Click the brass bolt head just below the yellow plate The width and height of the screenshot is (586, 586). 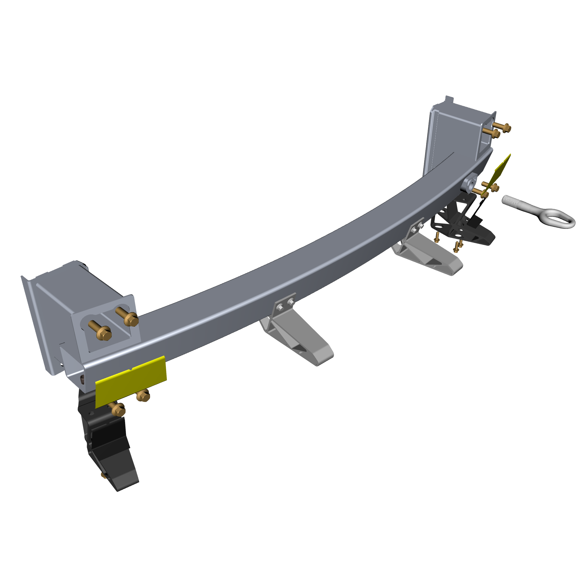coord(143,396)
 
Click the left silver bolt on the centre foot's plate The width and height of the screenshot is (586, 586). coord(280,308)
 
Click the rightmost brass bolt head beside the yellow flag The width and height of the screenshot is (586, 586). coord(495,188)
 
